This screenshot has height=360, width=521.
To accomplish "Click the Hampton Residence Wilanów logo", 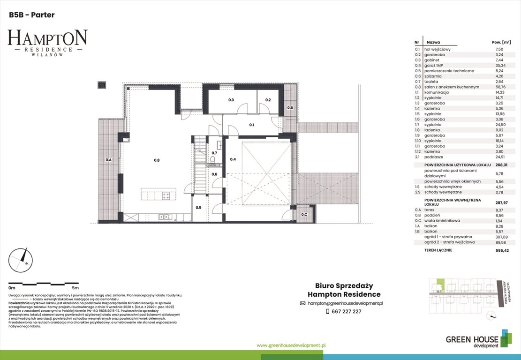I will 47,42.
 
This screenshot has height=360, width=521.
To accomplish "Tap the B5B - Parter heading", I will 31,15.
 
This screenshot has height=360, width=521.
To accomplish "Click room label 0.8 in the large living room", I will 157,160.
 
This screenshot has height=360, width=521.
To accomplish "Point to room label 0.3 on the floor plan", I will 231,100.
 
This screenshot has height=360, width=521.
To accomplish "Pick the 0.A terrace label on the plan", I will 108,160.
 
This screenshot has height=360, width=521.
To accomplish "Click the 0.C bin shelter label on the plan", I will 304,215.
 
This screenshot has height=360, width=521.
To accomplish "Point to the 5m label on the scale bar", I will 75,287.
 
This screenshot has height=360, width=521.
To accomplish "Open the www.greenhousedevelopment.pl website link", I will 291,345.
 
